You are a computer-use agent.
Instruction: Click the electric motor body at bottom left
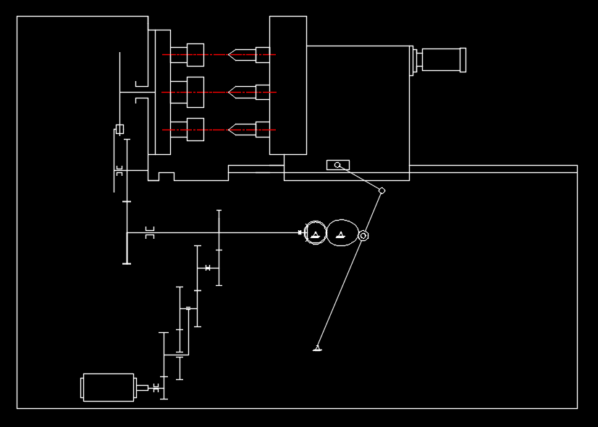point(109,387)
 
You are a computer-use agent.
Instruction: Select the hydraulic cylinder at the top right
point(441,59)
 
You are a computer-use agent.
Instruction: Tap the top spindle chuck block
point(195,54)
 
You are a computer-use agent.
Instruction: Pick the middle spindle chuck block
point(195,92)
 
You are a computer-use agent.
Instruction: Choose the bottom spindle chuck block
point(195,130)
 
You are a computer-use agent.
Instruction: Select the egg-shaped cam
point(342,233)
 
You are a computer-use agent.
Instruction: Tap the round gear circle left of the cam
point(316,233)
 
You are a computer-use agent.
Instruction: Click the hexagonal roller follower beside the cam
point(363,235)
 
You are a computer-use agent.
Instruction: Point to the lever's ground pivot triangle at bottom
point(317,349)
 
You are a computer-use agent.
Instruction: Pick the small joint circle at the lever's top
point(382,191)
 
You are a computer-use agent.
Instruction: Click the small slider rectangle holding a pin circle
point(338,165)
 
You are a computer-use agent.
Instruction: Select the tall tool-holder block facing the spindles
point(288,85)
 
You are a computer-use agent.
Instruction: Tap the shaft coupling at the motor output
point(154,388)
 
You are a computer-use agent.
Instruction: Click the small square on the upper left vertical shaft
point(119,130)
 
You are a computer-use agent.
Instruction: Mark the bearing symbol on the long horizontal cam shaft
point(150,232)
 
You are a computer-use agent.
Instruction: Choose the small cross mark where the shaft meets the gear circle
point(300,232)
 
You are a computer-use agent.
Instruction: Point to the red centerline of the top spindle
point(217,54)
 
